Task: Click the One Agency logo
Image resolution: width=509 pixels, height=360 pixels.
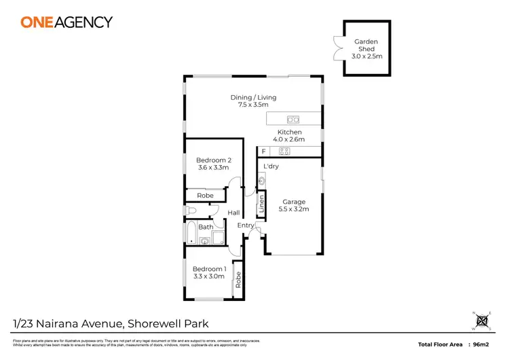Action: point(67,22)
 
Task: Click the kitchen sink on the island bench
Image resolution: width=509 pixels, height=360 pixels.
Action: point(293,118)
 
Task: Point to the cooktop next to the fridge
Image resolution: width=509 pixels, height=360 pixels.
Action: point(285,151)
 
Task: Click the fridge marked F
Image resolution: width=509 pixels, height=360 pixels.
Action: point(263,151)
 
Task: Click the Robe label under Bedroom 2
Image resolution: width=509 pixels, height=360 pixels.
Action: point(205,196)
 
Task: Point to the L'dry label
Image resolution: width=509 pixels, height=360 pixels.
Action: point(271,166)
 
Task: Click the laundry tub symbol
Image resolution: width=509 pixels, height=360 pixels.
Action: point(262,180)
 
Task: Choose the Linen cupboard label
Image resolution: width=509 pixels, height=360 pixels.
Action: point(261,203)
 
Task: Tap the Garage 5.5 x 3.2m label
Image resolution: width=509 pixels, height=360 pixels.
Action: point(294,205)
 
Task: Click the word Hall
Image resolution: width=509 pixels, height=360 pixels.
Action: point(233,213)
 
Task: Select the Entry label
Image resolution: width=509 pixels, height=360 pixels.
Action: point(245,226)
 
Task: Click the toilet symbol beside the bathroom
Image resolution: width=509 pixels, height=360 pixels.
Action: point(177,211)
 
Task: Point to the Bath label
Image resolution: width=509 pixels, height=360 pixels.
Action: point(205,227)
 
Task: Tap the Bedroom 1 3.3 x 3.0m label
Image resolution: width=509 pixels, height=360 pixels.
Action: point(208,272)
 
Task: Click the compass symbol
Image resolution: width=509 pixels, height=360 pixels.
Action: point(483,319)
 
